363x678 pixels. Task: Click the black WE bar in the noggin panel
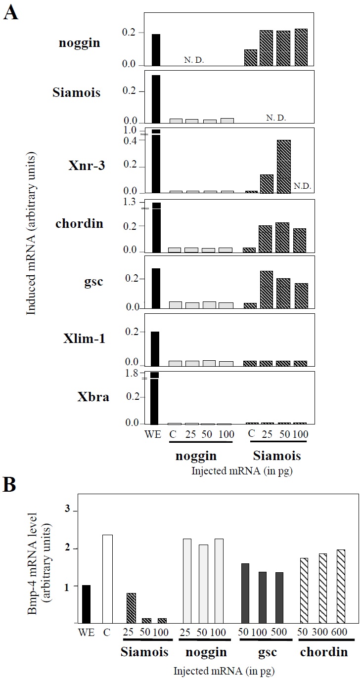click(156, 50)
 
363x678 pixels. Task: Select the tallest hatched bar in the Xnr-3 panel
click(283, 167)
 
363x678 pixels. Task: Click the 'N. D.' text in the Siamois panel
click(276, 118)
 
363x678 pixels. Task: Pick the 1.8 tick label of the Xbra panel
click(131, 374)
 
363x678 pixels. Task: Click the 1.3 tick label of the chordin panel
click(131, 202)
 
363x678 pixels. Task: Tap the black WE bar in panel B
click(86, 604)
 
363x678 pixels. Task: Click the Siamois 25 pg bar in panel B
click(131, 608)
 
